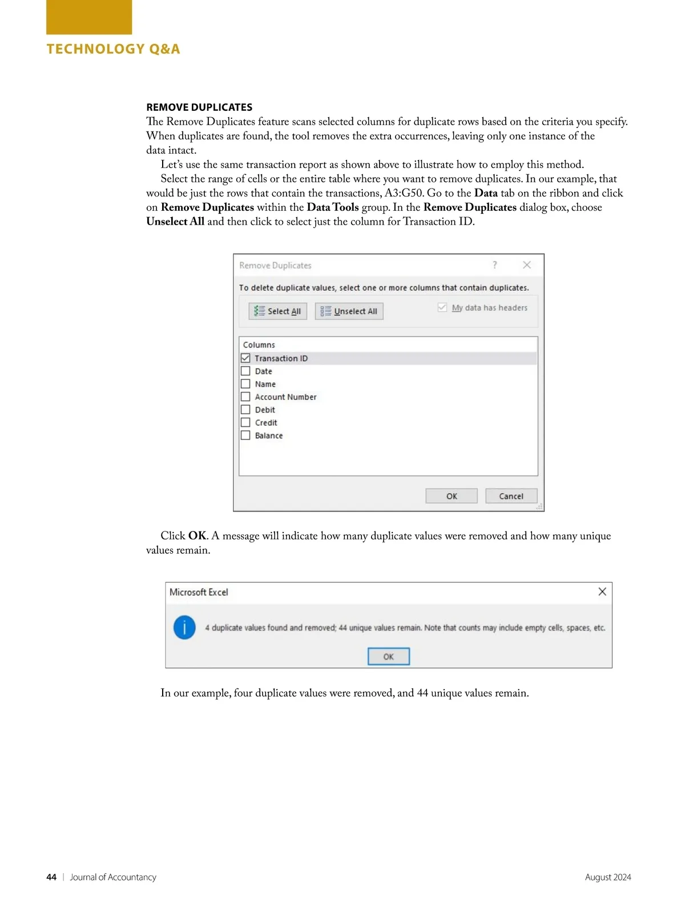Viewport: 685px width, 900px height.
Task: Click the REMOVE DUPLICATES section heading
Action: pyautogui.click(x=199, y=107)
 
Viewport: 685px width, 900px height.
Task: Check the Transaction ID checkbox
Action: pyautogui.click(x=245, y=358)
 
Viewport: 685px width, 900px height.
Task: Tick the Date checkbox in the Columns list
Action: pyautogui.click(x=245, y=371)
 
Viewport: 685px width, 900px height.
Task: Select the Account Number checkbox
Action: pyautogui.click(x=245, y=397)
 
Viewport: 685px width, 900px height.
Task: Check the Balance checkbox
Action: pyautogui.click(x=245, y=435)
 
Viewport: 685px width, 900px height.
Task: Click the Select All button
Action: pyautogui.click(x=278, y=311)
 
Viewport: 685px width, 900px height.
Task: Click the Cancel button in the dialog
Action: pyautogui.click(x=511, y=496)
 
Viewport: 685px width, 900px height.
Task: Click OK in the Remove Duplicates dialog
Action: pyautogui.click(x=452, y=496)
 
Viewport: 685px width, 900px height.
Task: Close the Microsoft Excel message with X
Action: pyautogui.click(x=602, y=591)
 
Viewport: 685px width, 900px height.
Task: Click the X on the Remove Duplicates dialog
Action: pyautogui.click(x=527, y=265)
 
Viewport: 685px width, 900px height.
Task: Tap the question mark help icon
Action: pyautogui.click(x=495, y=265)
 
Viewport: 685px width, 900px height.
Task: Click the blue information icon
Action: pyautogui.click(x=184, y=627)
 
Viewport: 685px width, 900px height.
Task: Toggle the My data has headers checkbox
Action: pyautogui.click(x=442, y=307)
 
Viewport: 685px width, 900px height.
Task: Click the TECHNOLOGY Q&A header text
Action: pyautogui.click(x=113, y=49)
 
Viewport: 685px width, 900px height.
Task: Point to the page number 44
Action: pyautogui.click(x=51, y=877)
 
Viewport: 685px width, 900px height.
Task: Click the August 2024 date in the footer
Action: pyautogui.click(x=608, y=877)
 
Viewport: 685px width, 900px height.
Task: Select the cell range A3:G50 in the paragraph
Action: pyautogui.click(x=404, y=193)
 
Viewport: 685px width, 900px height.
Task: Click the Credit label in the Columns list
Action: pyautogui.click(x=266, y=423)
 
